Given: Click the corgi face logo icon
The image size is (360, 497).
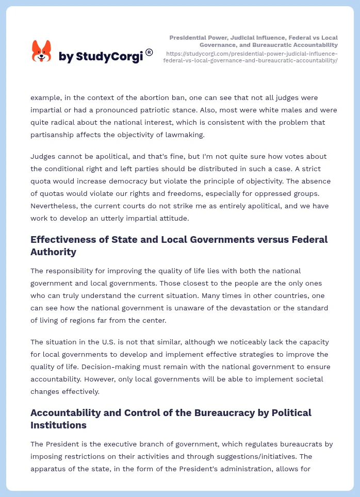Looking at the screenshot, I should pos(41,52).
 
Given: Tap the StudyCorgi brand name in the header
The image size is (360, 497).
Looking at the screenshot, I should pos(101,57).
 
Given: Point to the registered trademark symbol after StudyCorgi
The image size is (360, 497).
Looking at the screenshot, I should pos(149,52).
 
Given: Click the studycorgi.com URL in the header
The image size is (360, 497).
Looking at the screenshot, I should pos(251,57).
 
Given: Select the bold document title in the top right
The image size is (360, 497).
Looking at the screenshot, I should pos(254,41).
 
